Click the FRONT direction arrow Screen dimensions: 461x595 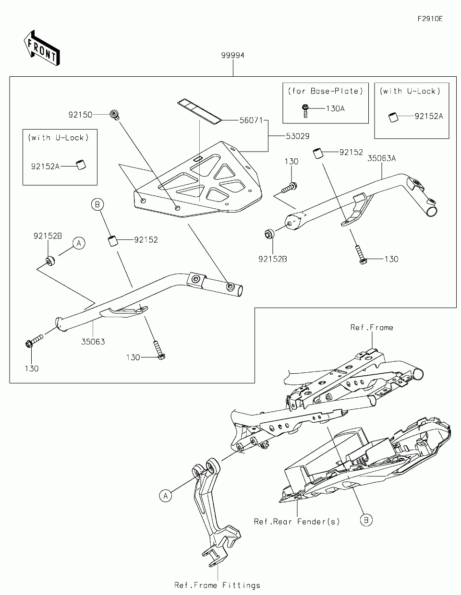(x=42, y=48)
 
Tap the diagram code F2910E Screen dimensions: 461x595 (x=430, y=19)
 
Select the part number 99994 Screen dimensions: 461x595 (x=233, y=55)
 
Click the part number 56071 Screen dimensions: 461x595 (x=251, y=120)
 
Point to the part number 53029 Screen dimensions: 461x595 (x=298, y=136)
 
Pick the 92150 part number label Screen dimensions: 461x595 (x=80, y=115)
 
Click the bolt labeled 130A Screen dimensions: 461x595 (x=305, y=111)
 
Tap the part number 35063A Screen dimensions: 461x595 (x=382, y=158)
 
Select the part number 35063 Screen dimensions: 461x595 (x=93, y=342)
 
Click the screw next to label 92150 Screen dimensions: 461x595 (x=114, y=115)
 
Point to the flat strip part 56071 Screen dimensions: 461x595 (x=199, y=111)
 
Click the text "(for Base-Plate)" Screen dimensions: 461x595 (x=326, y=91)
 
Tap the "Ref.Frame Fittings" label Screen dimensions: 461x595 (x=217, y=585)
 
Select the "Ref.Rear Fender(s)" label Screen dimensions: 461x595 (x=297, y=522)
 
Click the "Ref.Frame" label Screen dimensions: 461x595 (x=372, y=327)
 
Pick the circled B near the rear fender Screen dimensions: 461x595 (x=366, y=520)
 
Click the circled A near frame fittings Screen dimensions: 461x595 (x=166, y=496)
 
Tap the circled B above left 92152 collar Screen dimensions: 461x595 (x=97, y=204)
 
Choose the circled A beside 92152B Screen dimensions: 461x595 (x=79, y=243)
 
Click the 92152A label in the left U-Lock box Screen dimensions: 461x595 (x=45, y=167)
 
